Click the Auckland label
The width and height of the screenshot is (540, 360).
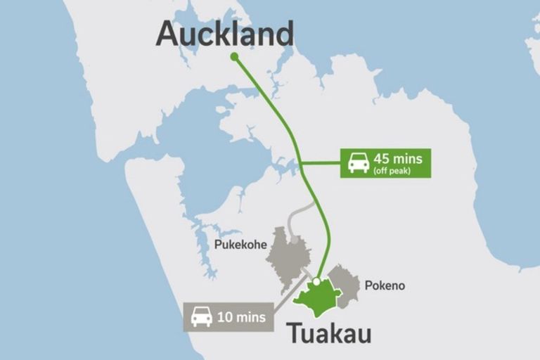pos(224,34)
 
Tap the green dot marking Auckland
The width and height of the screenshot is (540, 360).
pos(234,56)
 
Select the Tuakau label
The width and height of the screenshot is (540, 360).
pos(328,333)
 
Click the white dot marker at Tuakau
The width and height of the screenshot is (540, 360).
pos(317,281)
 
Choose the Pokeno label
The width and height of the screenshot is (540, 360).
pos(385,286)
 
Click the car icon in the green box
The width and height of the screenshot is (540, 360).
pos(359,164)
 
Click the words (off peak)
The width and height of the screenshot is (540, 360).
pos(394,171)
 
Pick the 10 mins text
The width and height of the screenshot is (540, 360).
pos(242,317)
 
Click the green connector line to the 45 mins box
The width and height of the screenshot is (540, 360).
pos(321,164)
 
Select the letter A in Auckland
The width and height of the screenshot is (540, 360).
pos(169,34)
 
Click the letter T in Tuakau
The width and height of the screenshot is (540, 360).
pos(295,333)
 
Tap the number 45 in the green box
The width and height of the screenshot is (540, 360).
pos(384,159)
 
